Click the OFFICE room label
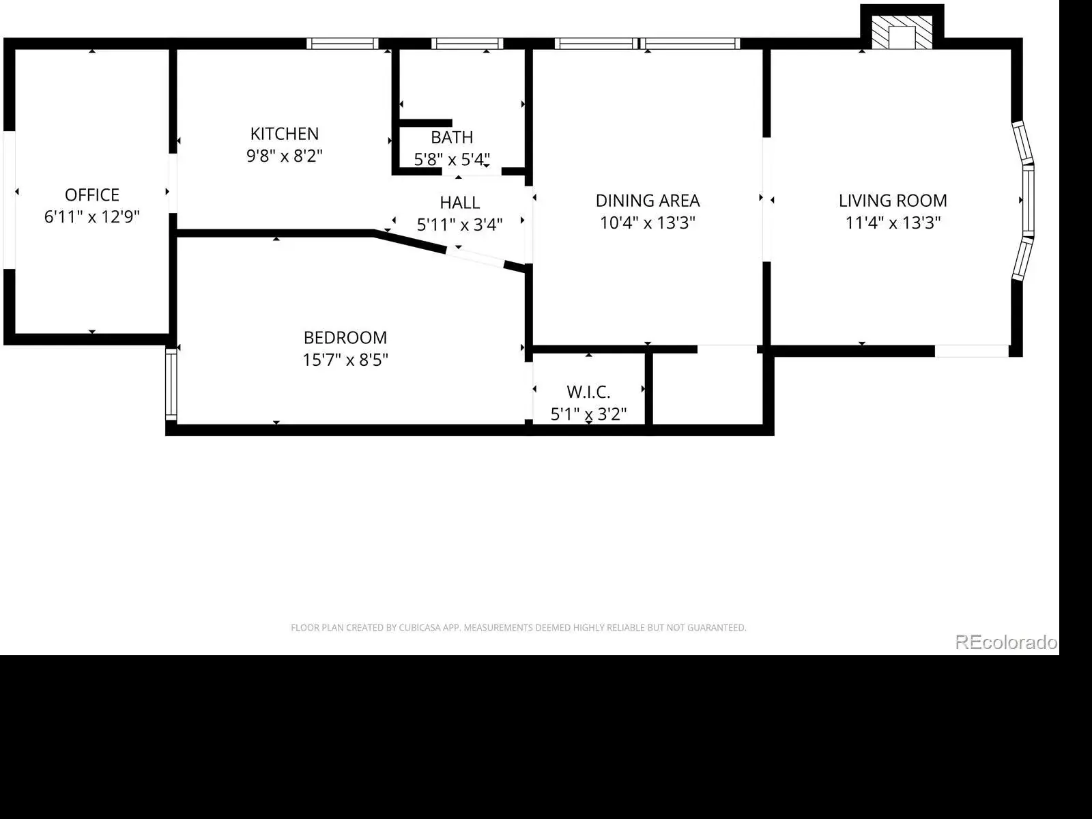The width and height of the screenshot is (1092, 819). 92,195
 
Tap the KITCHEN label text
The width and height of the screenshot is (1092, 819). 285,134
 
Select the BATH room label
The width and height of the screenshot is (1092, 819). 452,137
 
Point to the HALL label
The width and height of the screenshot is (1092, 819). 460,203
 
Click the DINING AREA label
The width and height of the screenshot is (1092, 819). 648,201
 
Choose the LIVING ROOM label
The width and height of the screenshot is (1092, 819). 893,201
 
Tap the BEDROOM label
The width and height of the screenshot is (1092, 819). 345,338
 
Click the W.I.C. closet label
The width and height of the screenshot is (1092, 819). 588,392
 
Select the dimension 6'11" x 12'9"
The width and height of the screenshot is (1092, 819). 92,217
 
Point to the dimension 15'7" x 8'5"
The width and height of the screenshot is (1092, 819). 345,360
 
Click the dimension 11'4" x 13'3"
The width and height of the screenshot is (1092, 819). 893,222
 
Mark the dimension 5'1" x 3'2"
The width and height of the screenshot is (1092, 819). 588,414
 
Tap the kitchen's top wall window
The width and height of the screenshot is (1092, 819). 343,44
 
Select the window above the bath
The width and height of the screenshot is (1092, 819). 467,44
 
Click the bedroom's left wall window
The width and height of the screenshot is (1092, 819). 171,384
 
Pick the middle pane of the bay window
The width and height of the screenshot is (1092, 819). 1029,201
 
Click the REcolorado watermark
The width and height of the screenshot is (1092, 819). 1006,642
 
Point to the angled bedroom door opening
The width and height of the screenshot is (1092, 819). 475,257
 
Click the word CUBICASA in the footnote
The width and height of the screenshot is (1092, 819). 420,628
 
